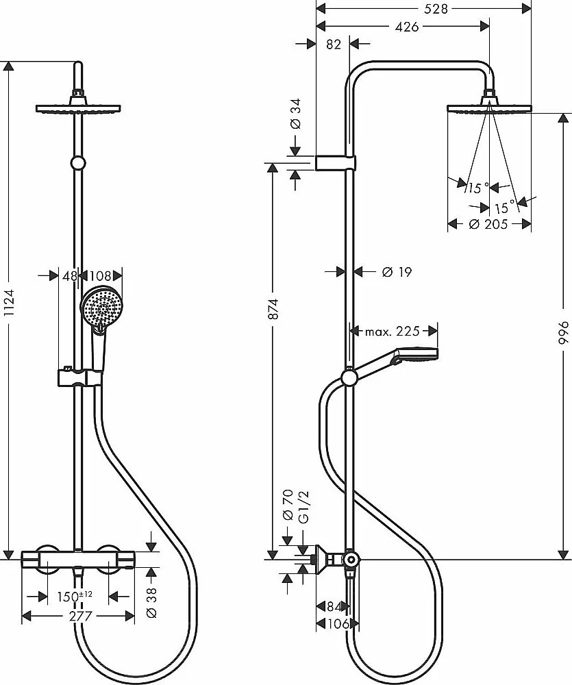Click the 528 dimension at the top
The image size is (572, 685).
point(436,9)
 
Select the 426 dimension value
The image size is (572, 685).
point(407,27)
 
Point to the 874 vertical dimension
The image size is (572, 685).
point(273,309)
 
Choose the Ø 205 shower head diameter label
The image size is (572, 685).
point(488,225)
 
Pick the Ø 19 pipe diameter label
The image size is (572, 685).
point(397,272)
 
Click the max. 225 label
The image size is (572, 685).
point(392,331)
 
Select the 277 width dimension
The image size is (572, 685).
point(81,616)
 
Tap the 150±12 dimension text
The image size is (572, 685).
point(75,597)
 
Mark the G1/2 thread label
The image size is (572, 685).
point(303,507)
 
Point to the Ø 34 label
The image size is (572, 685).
point(296,114)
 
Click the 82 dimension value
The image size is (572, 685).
point(334,44)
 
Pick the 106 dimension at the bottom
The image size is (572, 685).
point(338,624)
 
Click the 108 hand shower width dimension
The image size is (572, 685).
point(100,275)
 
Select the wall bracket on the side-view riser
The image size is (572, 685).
point(335,162)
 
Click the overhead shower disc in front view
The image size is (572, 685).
point(78,109)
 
